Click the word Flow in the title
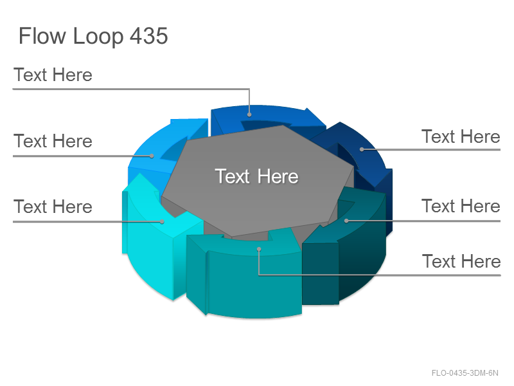point(42,35)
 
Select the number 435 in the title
point(149,35)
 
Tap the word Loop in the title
point(98,37)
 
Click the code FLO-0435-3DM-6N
point(465,373)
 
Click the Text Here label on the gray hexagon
point(256,176)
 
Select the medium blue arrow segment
point(269,118)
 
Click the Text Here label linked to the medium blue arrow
point(53,75)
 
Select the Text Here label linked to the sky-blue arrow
point(53,141)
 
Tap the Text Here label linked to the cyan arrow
point(53,207)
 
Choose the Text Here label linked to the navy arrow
point(461,136)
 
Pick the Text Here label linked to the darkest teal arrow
point(461,206)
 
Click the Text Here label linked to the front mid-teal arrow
point(461,261)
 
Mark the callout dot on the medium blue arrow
point(249,115)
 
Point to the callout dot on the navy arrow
point(362,149)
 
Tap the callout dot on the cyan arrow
point(162,221)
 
